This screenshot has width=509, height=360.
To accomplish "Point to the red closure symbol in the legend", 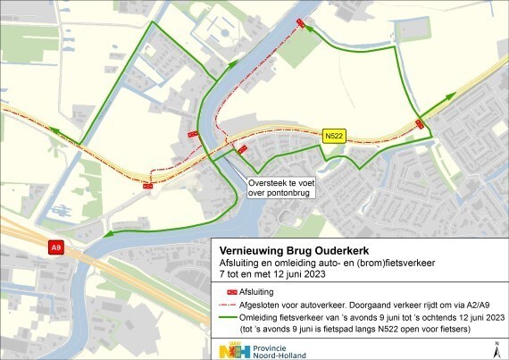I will coord(231,292).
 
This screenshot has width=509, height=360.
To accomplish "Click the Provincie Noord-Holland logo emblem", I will coord(229,348).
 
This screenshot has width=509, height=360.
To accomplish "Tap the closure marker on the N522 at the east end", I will coord(420,124).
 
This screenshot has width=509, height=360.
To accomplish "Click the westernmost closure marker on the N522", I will coord(146,186).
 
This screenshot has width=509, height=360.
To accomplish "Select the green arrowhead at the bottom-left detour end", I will coord(108,235).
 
